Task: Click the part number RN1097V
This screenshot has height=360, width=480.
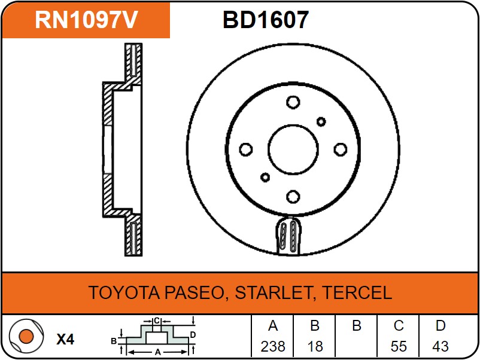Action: pos(86,20)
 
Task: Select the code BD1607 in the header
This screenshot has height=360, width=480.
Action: pos(265,20)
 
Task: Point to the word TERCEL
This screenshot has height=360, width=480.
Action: pos(357,292)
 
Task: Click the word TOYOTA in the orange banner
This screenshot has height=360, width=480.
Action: pos(124,292)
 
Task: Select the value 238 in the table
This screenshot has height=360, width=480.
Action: pos(273,346)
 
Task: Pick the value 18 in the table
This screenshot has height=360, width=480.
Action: pos(315,346)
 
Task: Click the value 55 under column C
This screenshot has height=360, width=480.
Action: pos(398,346)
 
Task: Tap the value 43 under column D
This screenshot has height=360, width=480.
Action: pos(440,346)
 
